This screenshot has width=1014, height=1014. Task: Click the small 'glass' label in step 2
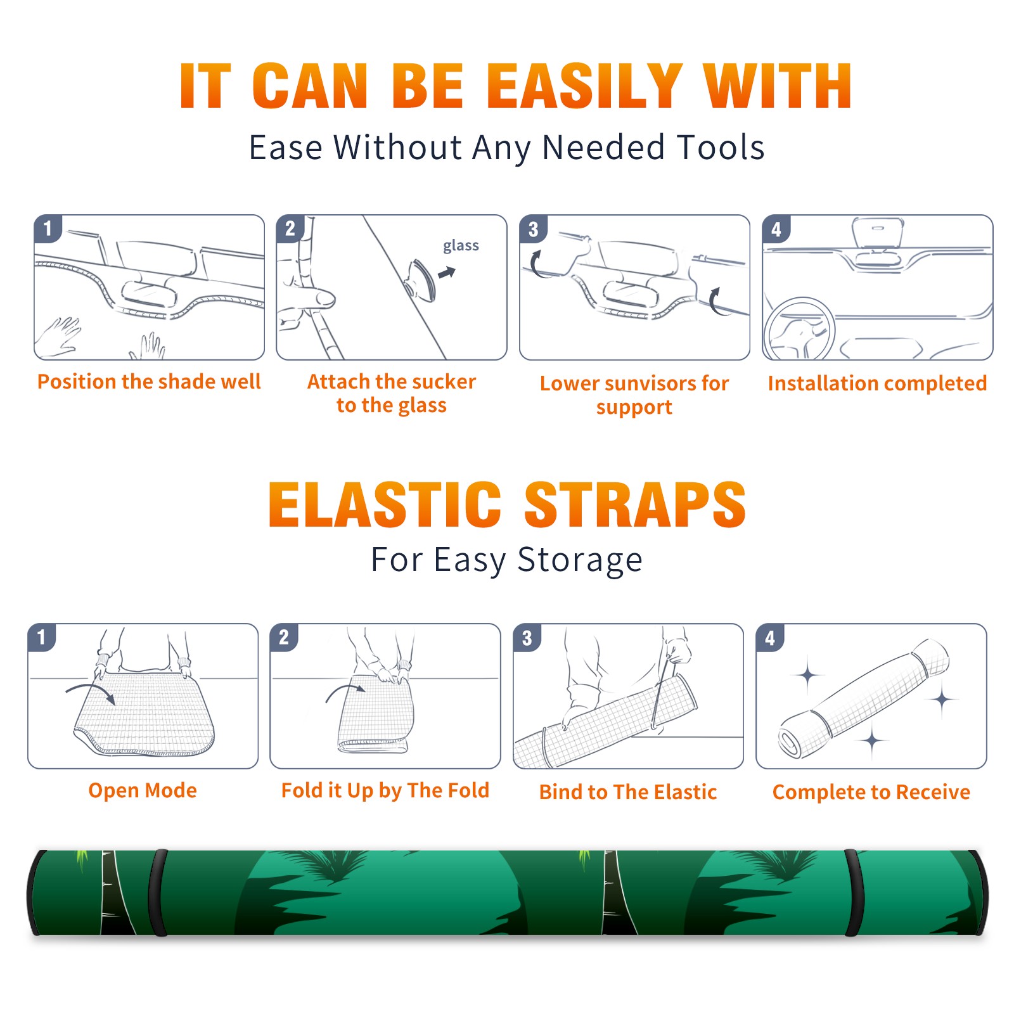click(x=461, y=246)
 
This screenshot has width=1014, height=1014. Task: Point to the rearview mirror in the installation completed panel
click(x=877, y=234)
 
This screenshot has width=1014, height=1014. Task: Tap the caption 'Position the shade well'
click(x=149, y=382)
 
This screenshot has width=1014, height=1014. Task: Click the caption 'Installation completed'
click(x=877, y=383)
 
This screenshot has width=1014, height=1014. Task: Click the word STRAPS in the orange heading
click(x=635, y=504)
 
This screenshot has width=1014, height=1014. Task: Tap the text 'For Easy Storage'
click(x=506, y=560)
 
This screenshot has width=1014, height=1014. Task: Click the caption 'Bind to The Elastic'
click(x=628, y=792)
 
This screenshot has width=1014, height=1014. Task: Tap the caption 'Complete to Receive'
click(x=871, y=792)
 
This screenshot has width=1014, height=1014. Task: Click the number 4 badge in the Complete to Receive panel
click(x=770, y=638)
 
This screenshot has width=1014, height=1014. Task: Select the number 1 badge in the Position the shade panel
click(x=48, y=228)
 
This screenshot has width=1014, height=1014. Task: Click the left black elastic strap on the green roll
click(x=158, y=892)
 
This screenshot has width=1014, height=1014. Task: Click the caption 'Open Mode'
click(x=143, y=790)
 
